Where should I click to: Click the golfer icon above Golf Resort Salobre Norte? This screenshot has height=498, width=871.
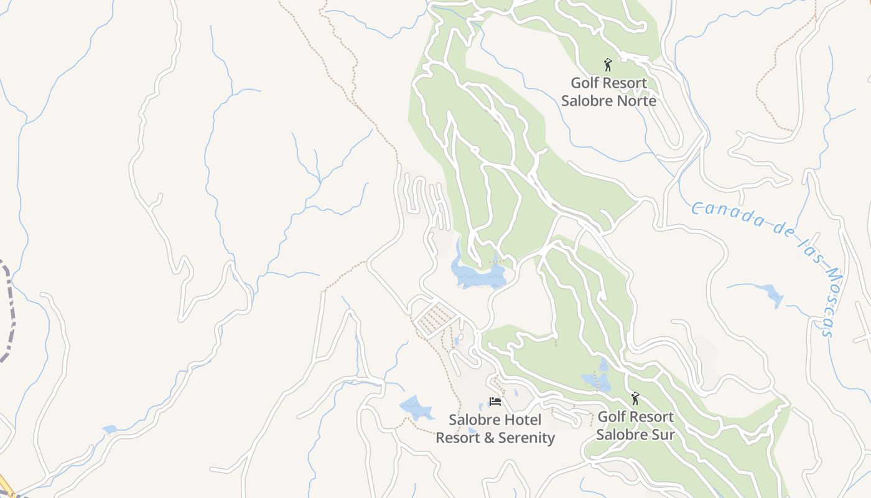coord(608,64)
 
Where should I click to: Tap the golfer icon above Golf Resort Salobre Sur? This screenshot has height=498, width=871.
coord(635,398)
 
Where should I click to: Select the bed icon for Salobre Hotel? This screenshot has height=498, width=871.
coord(495,402)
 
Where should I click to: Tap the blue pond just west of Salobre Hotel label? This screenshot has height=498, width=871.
coord(416,408)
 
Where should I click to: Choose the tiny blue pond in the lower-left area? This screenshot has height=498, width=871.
coord(109,429)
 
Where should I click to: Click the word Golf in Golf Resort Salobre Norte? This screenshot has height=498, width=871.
coord(585,83)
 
